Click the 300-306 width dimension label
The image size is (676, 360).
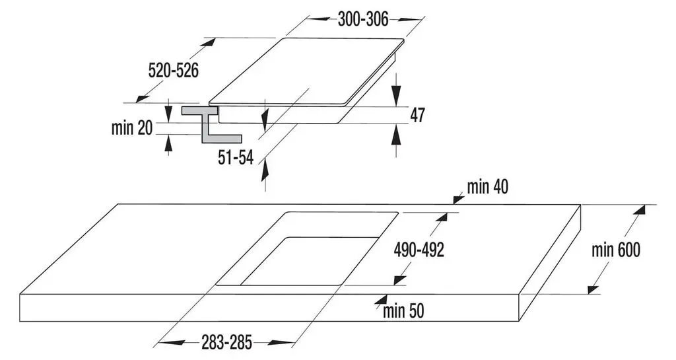[363, 19]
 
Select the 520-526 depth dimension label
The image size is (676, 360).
[174, 70]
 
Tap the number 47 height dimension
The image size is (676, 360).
[417, 115]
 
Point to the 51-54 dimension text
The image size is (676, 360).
[236, 158]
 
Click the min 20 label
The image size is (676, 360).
[132, 127]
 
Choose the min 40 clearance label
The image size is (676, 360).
[488, 187]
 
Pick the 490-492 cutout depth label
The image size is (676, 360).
[419, 250]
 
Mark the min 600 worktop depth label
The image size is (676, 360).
[616, 250]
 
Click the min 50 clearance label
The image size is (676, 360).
[403, 310]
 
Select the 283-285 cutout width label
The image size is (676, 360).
[226, 342]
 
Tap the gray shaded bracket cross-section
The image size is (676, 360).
[211, 124]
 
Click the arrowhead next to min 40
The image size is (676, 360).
[458, 199]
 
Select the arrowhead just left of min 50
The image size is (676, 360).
[380, 300]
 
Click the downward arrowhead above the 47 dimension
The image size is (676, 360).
[396, 94]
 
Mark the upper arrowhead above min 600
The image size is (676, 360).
[640, 211]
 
